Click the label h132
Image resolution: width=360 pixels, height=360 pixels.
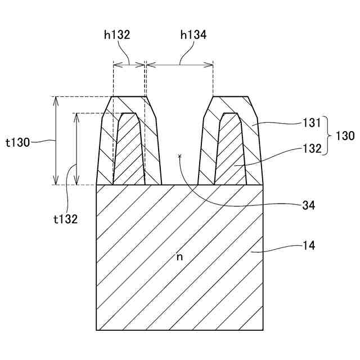point(117,35)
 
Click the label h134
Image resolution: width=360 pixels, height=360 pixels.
point(193,35)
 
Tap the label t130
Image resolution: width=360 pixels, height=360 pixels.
point(19,142)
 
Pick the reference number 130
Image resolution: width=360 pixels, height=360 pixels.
point(345,136)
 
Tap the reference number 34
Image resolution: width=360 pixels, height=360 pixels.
point(308,206)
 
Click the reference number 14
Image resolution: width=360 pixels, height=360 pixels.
point(309,245)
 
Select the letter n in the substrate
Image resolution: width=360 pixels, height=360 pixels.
point(180,256)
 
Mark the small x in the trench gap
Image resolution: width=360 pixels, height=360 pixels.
point(179,155)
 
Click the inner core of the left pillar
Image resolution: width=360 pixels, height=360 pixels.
point(129,152)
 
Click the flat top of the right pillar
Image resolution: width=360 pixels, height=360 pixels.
point(230,97)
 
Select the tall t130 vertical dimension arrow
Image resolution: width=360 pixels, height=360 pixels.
point(55,141)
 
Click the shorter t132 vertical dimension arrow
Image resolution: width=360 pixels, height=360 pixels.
point(75,148)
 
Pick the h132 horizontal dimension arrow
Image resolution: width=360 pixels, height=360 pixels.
point(129,65)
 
